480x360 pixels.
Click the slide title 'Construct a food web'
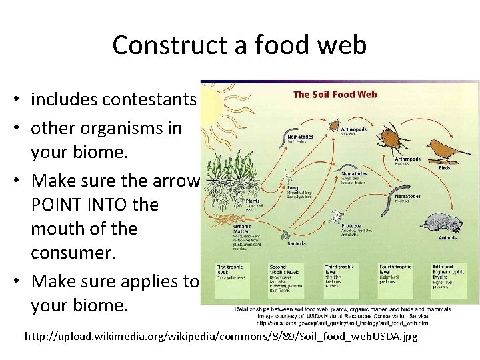(239, 45)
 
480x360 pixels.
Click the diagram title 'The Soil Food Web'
(335, 94)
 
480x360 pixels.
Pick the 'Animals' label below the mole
(447, 238)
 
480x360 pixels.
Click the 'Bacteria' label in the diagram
(297, 243)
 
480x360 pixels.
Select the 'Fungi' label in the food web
(292, 189)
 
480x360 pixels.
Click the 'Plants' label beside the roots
(253, 200)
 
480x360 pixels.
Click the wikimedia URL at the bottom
(221, 337)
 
